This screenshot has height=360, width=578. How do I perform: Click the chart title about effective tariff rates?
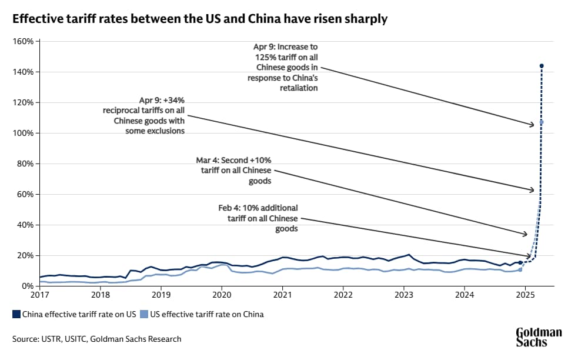pos(200,19)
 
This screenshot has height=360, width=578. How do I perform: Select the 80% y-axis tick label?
pos(25,164)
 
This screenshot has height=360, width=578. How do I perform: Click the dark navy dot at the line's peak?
pos(542,66)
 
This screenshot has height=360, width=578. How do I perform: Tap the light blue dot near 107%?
pos(542,122)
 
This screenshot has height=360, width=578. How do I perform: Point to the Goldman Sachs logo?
pos(538,336)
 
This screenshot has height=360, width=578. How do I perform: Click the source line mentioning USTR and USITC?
pos(97,339)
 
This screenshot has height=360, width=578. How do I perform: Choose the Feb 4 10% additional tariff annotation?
pos(262,218)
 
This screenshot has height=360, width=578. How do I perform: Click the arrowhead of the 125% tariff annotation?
pos(532,125)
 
